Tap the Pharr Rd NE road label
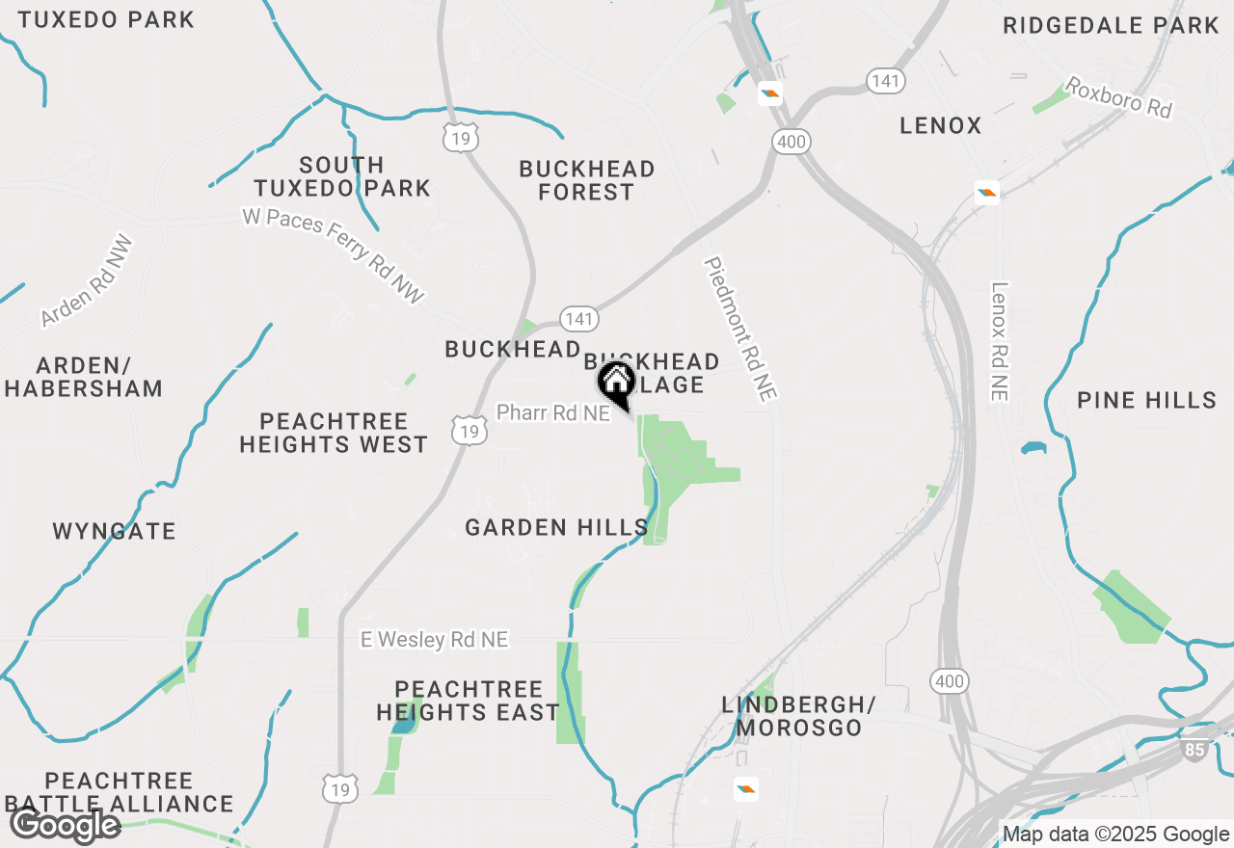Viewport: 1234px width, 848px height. pos(553,413)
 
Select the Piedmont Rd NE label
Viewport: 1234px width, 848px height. pos(740,329)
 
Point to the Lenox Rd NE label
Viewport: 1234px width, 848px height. pos(999,341)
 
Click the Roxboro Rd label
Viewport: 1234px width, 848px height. pos(1118,98)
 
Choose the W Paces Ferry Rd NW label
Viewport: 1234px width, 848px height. pos(334,256)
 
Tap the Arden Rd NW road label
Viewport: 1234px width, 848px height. pos(88,280)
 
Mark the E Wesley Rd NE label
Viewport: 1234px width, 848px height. pos(434,640)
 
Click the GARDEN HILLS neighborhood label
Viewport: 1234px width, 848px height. pos(556,527)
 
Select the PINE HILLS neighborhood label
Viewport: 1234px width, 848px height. pos(1147,400)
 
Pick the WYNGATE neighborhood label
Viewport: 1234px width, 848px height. pos(115,531)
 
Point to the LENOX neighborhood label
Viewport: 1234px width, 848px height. pos(940,125)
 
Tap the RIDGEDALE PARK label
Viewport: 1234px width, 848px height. pos(1111,25)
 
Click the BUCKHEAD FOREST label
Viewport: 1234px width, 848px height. pos(586,180)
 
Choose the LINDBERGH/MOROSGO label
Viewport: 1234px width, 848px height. pos(799,716)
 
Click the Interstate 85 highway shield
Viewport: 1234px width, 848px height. pos(1194,750)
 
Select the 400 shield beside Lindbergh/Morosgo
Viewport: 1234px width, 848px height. pos(949,682)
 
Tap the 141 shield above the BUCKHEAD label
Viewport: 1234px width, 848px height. pos(579,319)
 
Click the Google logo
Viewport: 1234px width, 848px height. pos(65,826)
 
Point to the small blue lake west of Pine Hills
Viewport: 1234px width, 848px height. pos(1033,448)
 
